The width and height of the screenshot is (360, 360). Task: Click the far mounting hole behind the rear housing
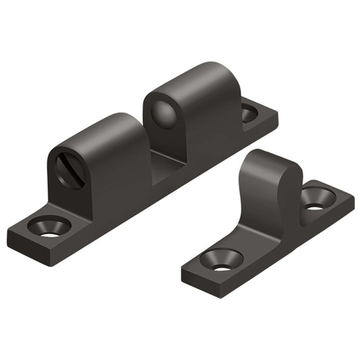coord(249,113)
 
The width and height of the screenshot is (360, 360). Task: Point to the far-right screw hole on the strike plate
coord(315,199)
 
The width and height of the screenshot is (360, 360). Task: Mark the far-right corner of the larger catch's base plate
coord(276,122)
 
